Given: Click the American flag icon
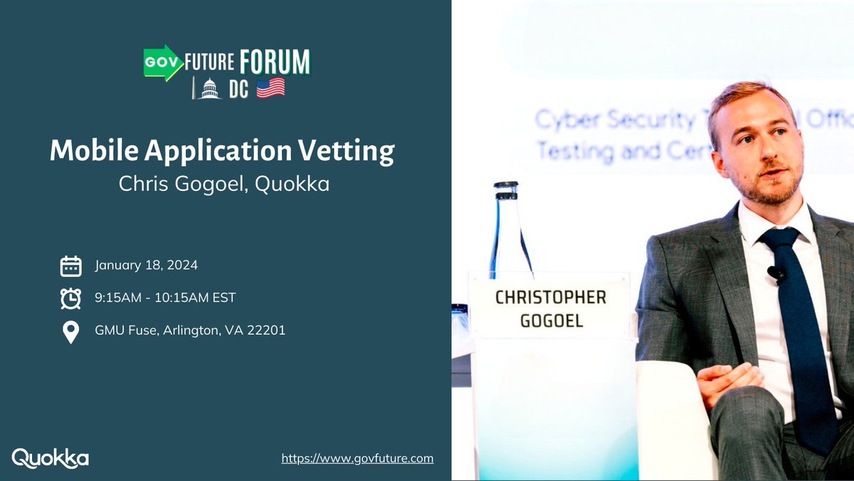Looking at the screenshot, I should coord(270,88).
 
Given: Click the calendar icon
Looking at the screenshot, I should coord(70,266).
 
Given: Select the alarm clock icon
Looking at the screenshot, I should coord(70,299).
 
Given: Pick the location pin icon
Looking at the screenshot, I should coord(70,332).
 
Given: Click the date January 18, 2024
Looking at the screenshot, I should coord(147,266).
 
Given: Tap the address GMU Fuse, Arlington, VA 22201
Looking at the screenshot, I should coord(190,331).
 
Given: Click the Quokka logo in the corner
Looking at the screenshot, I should coord(51,458).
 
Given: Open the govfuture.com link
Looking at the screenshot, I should coord(357,458).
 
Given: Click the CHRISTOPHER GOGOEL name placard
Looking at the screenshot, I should coord(550,308).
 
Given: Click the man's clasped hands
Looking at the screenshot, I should coord(726,377).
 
